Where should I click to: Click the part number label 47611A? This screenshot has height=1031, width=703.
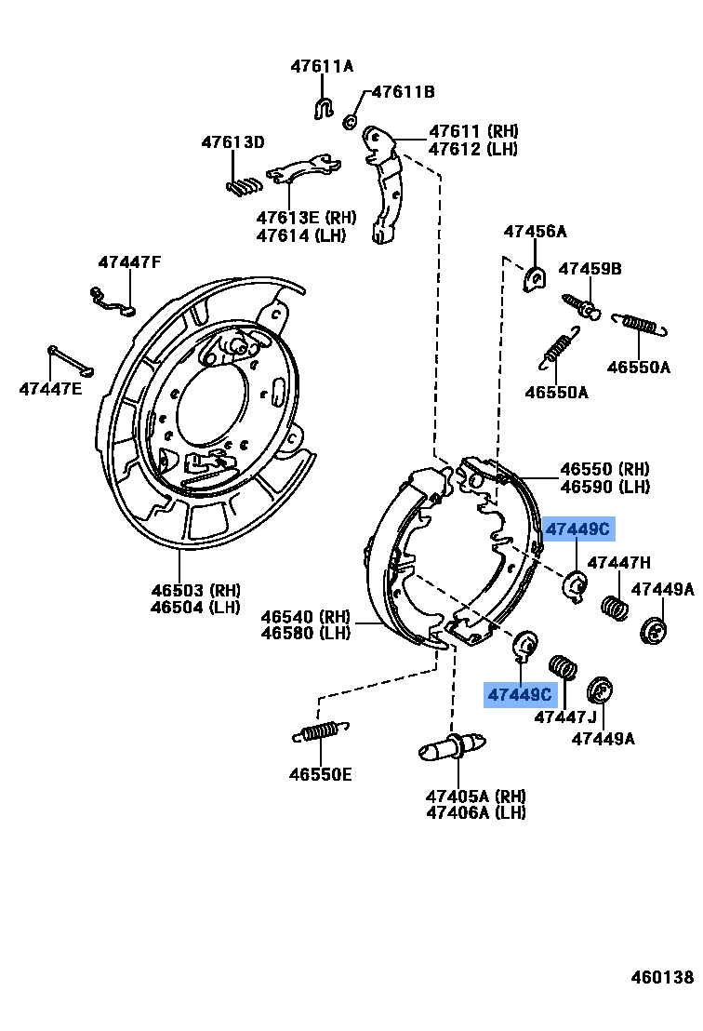(322, 66)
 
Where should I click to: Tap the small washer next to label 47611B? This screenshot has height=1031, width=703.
(351, 120)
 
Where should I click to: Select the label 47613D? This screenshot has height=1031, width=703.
(233, 142)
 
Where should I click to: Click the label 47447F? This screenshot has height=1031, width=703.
(129, 262)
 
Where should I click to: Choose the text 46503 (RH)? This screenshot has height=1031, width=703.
(195, 590)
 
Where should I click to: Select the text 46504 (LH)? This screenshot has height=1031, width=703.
(195, 608)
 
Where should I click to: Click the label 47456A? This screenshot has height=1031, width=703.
(535, 232)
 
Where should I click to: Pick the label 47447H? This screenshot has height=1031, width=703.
(618, 562)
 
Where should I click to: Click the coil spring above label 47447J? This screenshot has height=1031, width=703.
(564, 668)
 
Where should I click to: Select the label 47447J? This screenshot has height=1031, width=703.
(564, 716)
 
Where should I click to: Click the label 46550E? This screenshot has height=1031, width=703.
(320, 773)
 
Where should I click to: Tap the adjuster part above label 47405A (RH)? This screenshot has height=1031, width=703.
(452, 748)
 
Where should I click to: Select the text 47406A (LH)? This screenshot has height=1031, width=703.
(476, 812)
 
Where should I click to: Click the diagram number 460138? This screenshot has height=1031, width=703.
(662, 977)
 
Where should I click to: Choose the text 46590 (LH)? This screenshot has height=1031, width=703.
(604, 487)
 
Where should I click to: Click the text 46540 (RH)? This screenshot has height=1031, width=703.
(305, 617)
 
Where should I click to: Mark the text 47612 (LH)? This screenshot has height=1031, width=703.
(473, 149)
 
